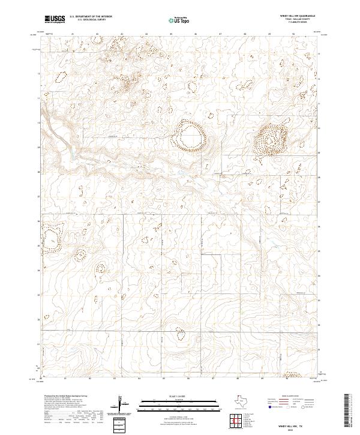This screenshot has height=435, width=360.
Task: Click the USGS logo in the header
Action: point(55,19)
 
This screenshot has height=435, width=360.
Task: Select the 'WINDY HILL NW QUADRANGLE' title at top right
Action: point(298,16)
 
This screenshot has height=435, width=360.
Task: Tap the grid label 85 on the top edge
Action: point(171,34)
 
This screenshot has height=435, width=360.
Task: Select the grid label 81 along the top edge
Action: point(72,34)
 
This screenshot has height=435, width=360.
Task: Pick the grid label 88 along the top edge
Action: point(245,34)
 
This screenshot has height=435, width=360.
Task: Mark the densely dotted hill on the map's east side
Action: point(271,139)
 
